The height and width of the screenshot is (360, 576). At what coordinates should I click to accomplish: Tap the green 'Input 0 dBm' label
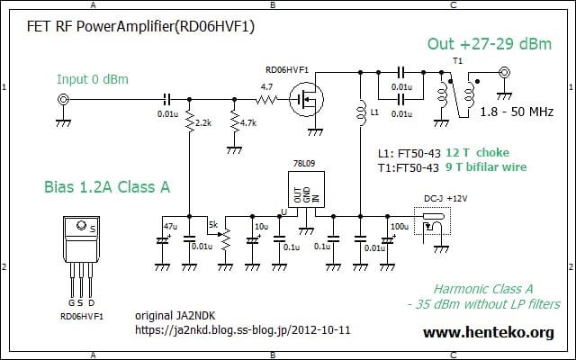point(93,78)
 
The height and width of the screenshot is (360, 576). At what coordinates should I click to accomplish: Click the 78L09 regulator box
point(304,193)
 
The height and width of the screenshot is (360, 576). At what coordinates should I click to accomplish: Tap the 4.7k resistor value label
point(250,122)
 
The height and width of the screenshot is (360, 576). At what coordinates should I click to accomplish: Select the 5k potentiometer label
point(212,223)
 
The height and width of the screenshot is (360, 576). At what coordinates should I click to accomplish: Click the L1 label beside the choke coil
point(375,114)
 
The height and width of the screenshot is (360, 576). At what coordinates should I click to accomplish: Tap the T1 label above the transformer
point(457,60)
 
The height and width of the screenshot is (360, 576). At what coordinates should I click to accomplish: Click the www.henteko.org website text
point(488,332)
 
